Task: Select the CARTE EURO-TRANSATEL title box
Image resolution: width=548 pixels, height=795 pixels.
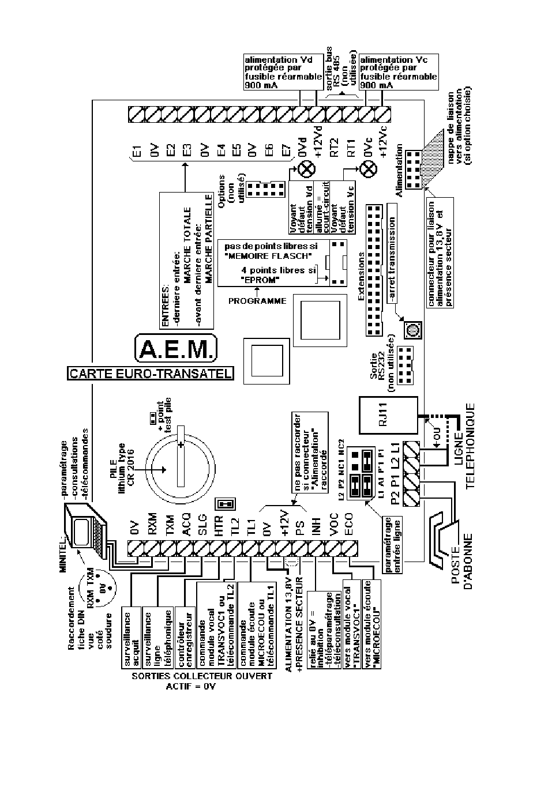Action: (150, 373)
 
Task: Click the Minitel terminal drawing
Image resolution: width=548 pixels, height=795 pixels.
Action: (85, 530)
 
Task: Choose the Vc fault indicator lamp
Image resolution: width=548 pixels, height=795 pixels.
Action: (367, 169)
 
